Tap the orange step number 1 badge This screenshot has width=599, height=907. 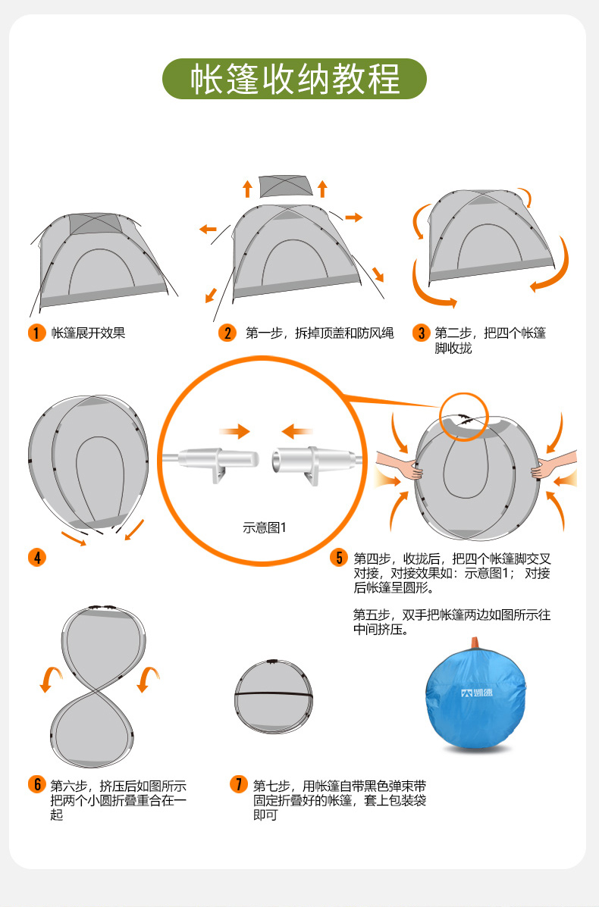36,333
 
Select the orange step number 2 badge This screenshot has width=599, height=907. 227,333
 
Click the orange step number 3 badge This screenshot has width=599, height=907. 422,333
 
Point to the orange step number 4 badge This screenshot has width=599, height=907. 36,558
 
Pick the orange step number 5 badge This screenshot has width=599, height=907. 339,558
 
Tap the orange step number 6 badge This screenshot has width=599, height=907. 36,784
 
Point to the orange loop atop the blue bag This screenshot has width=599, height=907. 475,643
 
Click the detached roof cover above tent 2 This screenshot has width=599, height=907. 285,186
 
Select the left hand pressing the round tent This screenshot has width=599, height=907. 398,466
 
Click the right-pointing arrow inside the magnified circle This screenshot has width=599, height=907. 234,432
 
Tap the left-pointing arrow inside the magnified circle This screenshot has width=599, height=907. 297,432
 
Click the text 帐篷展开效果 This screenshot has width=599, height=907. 88,333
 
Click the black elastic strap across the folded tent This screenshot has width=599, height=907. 273,695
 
